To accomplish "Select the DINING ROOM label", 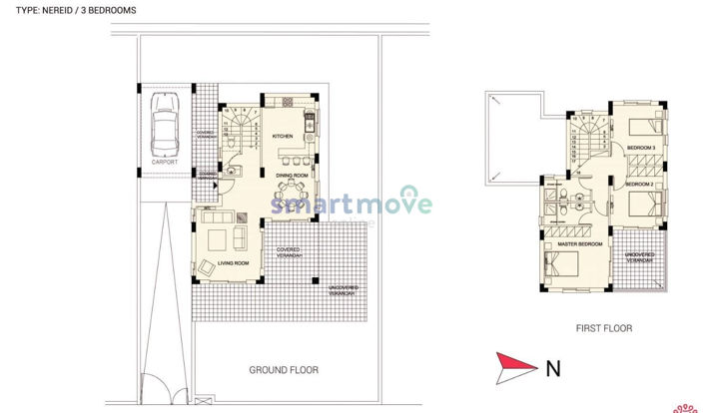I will (292, 175).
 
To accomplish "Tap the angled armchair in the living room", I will (207, 267).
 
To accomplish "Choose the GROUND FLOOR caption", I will (283, 370).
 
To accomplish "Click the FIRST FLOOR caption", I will (603, 328).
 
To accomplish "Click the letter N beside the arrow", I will (552, 368).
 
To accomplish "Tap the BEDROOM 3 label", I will (639, 148).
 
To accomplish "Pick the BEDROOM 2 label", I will (639, 186).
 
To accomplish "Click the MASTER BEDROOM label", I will (579, 243).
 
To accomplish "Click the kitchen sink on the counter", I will (309, 123).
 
